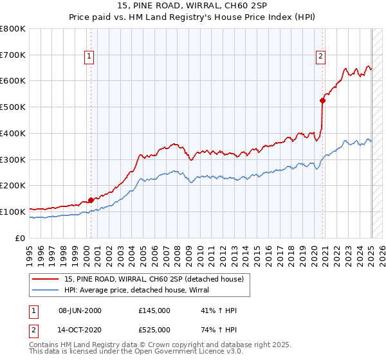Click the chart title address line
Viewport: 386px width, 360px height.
[193, 6]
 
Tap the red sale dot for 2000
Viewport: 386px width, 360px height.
[91, 200]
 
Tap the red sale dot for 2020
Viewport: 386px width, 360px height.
[323, 100]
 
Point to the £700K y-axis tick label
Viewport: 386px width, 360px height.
[13, 55]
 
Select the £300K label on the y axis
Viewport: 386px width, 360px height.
[13, 159]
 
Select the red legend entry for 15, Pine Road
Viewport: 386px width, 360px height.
[154, 279]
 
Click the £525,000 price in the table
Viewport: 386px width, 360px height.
[154, 330]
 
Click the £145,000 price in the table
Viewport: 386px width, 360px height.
[154, 310]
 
